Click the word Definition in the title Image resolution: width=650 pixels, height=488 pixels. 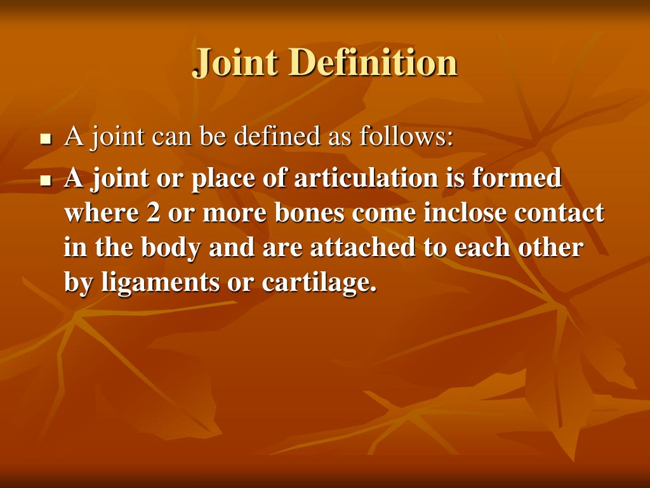tap(373, 63)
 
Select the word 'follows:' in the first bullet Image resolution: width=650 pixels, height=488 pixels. tap(407, 137)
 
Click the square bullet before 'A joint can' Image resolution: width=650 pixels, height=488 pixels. tap(45, 139)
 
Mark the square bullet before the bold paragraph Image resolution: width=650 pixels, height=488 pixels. tap(45, 180)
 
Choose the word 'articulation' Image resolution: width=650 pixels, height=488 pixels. tap(365, 179)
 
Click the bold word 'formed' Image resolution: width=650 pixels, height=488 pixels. tap(517, 179)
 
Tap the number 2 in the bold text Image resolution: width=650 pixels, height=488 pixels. tap(153, 213)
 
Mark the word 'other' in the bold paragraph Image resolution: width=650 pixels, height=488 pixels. tap(551, 248)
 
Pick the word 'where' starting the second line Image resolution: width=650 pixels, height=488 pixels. tap(102, 213)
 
